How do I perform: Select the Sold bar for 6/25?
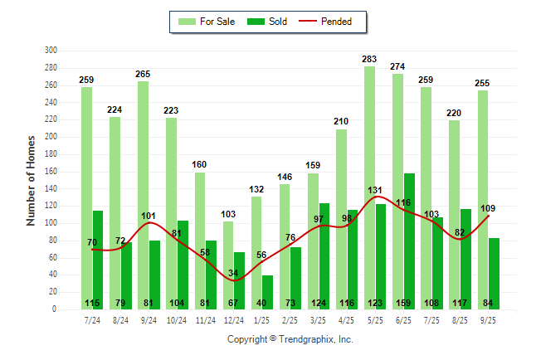coord(409,241)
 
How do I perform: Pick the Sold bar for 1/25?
coord(268,286)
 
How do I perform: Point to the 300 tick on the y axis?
coord(51,51)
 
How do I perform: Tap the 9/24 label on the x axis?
coord(149,319)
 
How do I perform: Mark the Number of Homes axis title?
coord(31,180)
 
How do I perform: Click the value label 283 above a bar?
coord(369,59)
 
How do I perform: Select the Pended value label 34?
coord(234,273)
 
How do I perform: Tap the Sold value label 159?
coord(409,303)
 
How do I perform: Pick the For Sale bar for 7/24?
coord(86,198)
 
